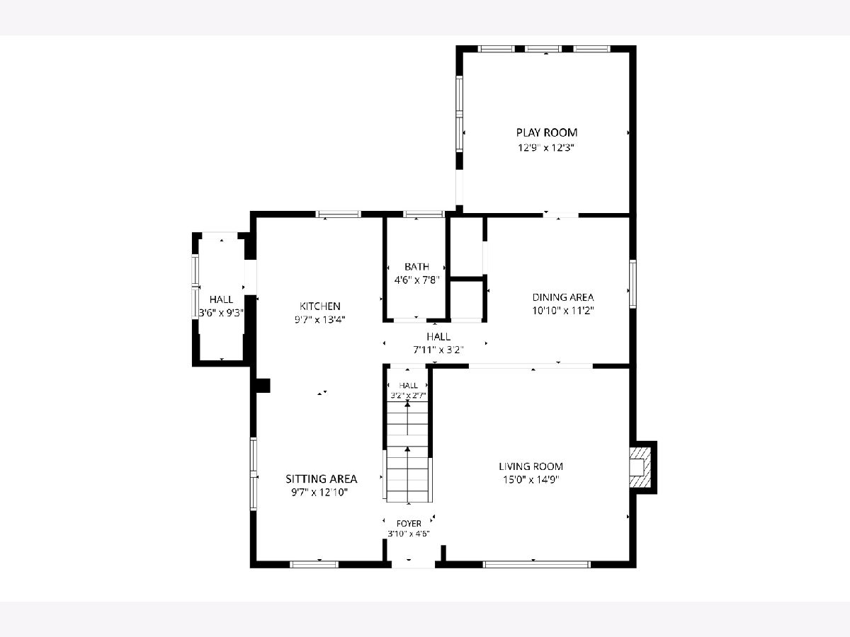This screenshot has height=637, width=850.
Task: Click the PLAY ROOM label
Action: point(546,132)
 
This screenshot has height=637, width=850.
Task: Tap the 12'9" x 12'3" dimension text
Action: point(545,148)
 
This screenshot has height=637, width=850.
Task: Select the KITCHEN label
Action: point(320,306)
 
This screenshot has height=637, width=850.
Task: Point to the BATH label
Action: point(416,267)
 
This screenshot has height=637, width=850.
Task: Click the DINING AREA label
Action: point(563,297)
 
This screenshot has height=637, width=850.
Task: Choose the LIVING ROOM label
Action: point(531,466)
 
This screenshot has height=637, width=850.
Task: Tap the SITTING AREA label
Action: point(322,479)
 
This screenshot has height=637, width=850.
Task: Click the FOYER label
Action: point(409,524)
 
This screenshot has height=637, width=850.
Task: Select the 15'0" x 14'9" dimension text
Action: point(531,480)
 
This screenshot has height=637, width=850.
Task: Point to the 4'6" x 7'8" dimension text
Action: point(416,280)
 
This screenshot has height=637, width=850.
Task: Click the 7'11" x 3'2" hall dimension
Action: point(438,350)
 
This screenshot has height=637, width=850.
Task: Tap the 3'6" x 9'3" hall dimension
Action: point(221,313)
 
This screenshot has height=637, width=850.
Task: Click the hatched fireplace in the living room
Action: point(640,468)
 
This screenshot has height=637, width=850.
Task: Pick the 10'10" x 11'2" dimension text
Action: point(563,311)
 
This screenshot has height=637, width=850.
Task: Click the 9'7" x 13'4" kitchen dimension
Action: point(320,320)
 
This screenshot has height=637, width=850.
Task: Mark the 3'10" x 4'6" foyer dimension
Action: point(409,534)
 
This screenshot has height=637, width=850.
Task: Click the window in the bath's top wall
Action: point(424,214)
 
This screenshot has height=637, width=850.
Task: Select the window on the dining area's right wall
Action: point(633,285)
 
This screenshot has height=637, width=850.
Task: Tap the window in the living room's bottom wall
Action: point(537,565)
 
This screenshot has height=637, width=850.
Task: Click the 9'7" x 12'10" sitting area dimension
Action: point(320,493)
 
